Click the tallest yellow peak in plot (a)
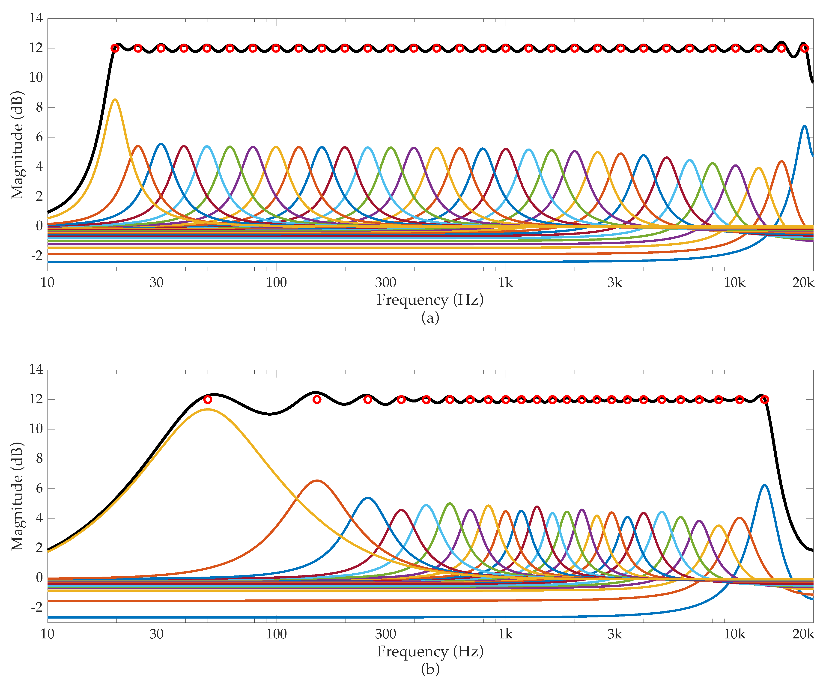(115, 100)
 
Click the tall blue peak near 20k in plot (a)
(804, 126)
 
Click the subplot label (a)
(430, 318)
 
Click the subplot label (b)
(430, 669)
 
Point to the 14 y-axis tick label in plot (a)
(36, 18)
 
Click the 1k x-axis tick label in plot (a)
(505, 283)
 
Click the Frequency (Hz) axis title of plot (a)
(430, 300)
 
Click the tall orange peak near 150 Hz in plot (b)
(317, 481)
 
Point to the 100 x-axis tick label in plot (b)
(276, 634)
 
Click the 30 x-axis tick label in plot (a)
(157, 283)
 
